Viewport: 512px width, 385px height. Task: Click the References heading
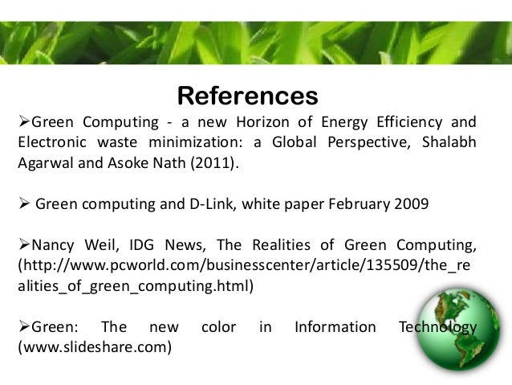pyautogui.click(x=247, y=96)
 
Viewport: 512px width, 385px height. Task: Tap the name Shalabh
pyautogui.click(x=449, y=143)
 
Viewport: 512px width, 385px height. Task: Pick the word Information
pyautogui.click(x=335, y=327)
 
